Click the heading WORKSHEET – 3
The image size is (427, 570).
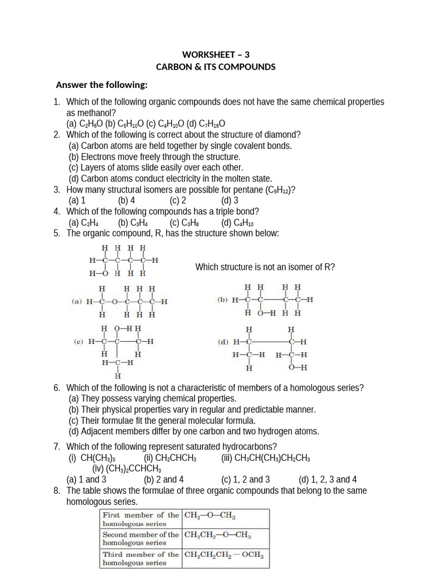(x=216, y=55)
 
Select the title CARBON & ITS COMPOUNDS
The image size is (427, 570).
(x=216, y=67)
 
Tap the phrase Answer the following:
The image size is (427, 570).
(x=102, y=85)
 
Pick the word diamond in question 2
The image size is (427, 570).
(x=283, y=135)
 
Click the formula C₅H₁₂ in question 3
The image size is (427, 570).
(x=278, y=190)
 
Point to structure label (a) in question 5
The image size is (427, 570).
(x=77, y=302)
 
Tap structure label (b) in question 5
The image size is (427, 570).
(x=222, y=299)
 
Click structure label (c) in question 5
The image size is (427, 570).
(x=78, y=341)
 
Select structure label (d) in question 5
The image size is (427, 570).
(x=222, y=342)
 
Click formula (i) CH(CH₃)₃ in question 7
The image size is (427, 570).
(x=92, y=458)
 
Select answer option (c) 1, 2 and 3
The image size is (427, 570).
(x=246, y=479)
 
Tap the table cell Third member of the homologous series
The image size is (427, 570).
(x=141, y=558)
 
